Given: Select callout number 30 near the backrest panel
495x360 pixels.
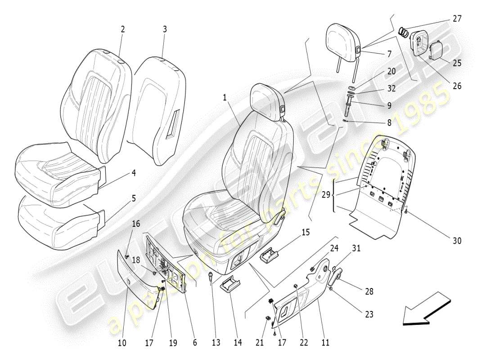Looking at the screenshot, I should click(x=457, y=241).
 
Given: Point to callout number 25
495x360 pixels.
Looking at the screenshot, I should click(x=457, y=63).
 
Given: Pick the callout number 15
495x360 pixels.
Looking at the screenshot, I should click(x=306, y=233).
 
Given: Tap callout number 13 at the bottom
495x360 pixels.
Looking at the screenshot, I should click(x=216, y=343).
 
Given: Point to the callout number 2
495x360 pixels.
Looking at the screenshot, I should click(x=122, y=29).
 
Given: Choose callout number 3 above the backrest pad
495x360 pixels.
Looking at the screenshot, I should click(x=165, y=29).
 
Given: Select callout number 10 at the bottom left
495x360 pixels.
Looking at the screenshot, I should click(x=121, y=343).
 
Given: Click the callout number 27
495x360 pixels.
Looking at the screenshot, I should click(x=457, y=19).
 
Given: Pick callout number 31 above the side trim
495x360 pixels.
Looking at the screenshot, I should click(x=356, y=248).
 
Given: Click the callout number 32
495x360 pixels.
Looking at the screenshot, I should click(x=391, y=88).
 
